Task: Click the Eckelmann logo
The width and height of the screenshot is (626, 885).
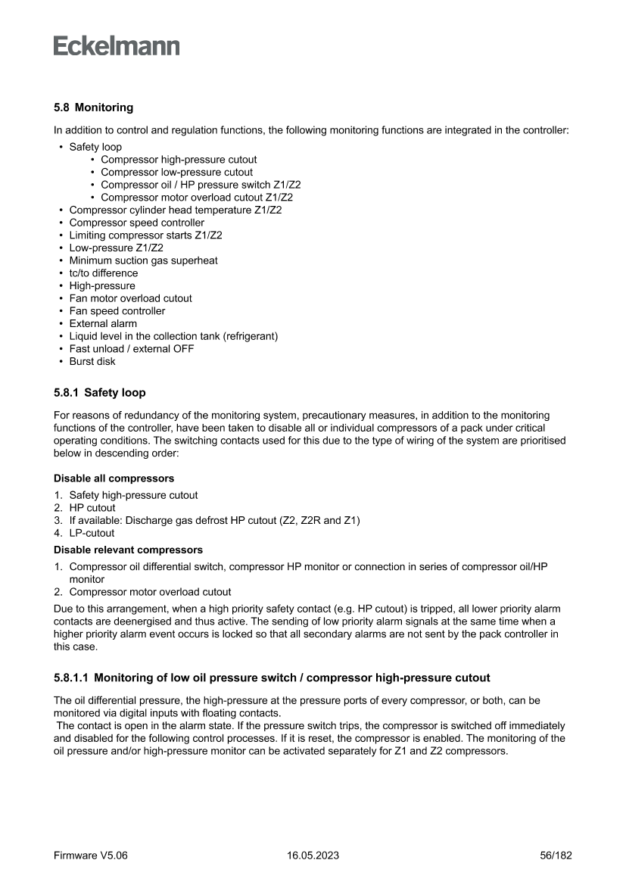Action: click(x=117, y=46)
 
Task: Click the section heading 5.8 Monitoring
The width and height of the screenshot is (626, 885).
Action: click(x=93, y=108)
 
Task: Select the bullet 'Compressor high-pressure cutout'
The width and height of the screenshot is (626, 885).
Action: click(x=178, y=160)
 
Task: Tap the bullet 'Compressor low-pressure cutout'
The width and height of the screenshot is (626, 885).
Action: click(x=176, y=173)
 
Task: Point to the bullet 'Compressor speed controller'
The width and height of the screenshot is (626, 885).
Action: click(x=136, y=223)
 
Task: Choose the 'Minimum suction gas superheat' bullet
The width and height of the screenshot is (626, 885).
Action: click(x=143, y=260)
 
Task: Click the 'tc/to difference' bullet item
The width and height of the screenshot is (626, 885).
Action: click(x=103, y=273)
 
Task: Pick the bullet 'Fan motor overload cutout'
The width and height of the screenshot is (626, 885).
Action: click(x=130, y=298)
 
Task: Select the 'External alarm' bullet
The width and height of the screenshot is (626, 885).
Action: click(x=103, y=323)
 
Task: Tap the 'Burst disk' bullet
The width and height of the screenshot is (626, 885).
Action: click(x=92, y=361)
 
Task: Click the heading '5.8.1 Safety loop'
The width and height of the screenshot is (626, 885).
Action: click(x=99, y=393)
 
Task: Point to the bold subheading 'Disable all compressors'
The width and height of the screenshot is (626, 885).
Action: click(x=114, y=478)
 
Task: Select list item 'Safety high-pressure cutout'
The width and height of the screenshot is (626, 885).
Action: click(x=133, y=495)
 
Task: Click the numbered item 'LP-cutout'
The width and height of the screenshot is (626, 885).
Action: click(x=92, y=533)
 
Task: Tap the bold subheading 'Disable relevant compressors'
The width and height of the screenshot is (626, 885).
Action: click(x=128, y=550)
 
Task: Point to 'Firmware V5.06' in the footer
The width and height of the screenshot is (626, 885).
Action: click(x=90, y=855)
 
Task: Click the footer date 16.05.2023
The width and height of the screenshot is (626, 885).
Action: click(x=313, y=855)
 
